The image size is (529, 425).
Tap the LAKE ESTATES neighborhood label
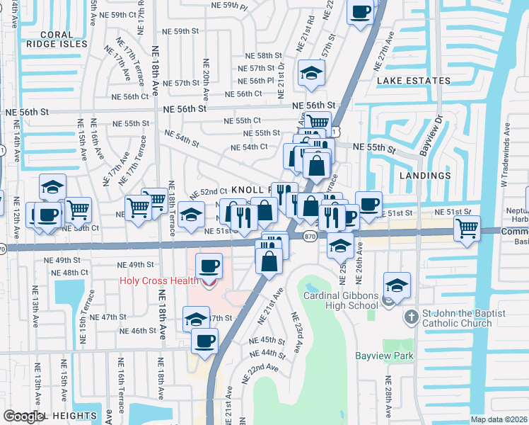414,81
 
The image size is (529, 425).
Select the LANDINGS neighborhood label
425,175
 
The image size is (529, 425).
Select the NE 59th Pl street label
230,5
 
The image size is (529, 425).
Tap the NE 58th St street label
264,55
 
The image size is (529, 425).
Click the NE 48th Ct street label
71,272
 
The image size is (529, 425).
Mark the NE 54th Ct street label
250,147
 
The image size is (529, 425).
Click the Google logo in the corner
23,416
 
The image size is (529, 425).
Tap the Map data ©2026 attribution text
498,419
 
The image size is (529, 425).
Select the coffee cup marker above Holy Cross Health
208,266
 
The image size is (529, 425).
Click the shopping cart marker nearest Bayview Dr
467,229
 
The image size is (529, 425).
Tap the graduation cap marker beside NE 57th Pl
310,74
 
